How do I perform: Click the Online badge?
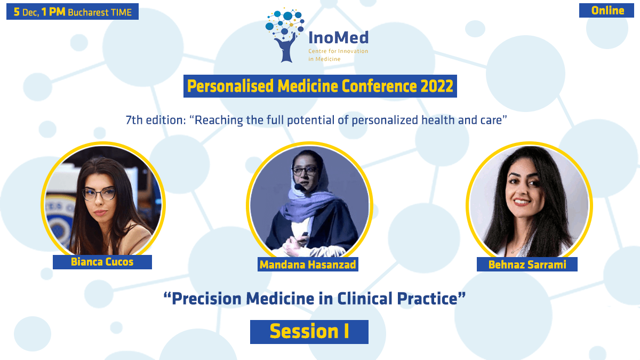click(x=606, y=11)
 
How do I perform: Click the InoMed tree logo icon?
click(x=285, y=35)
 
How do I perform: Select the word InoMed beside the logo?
click(x=339, y=38)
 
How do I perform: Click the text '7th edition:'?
click(x=156, y=120)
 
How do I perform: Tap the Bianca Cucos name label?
click(x=102, y=262)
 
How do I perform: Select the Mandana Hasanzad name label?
click(x=308, y=265)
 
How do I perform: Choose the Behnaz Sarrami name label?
click(x=527, y=265)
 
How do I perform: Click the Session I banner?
click(x=309, y=332)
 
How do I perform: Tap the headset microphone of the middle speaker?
click(x=299, y=187)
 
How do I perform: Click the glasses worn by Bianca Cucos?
click(x=99, y=194)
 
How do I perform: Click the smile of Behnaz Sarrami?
click(x=522, y=202)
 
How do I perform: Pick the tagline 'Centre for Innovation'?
click(x=338, y=51)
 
